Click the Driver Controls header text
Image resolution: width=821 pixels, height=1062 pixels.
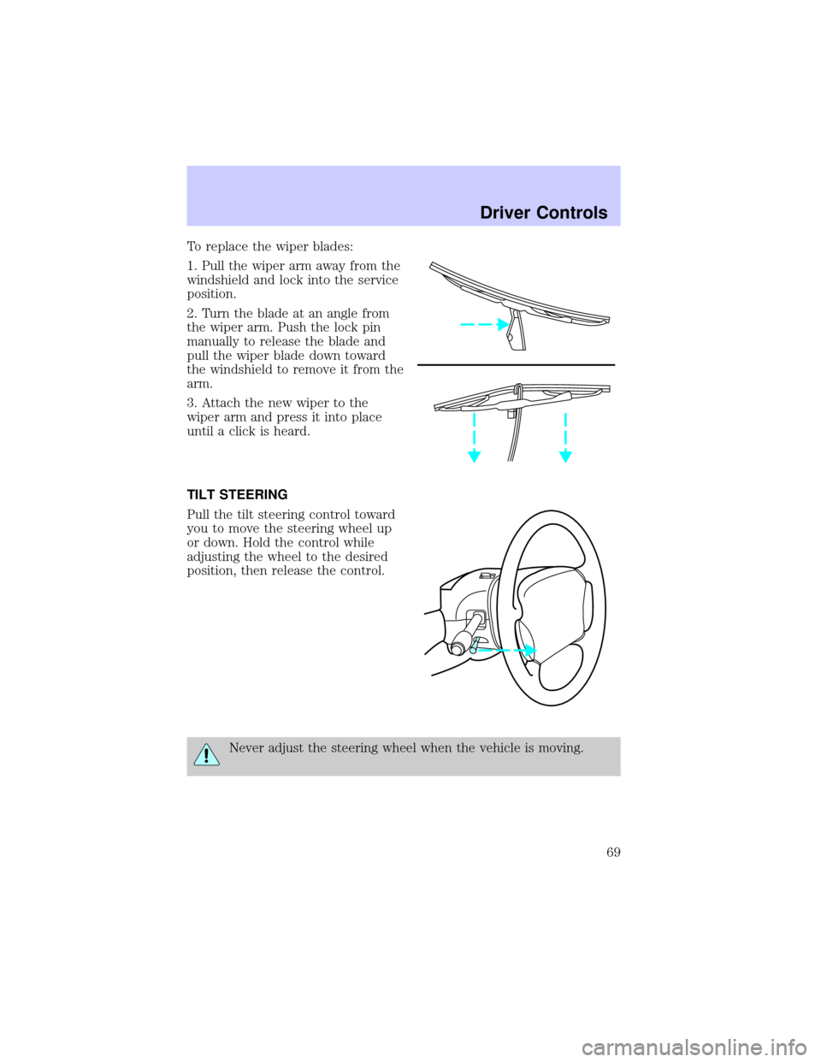[x=543, y=213]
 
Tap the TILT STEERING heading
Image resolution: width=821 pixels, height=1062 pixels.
[x=237, y=495]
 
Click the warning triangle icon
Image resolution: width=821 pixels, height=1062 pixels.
[x=206, y=753]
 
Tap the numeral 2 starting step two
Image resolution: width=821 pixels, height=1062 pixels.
[x=191, y=313]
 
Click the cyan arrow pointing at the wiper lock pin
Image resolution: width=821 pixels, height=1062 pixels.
[x=483, y=324]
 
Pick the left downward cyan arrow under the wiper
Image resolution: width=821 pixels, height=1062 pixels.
[x=474, y=438]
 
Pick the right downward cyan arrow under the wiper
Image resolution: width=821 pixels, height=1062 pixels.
[x=565, y=438]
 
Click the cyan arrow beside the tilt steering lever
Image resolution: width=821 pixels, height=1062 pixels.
[x=506, y=651]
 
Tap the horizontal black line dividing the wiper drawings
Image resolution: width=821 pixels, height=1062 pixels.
[x=516, y=364]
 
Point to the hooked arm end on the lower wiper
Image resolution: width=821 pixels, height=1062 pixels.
[x=517, y=390]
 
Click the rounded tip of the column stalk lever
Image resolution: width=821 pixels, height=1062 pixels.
[x=458, y=649]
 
